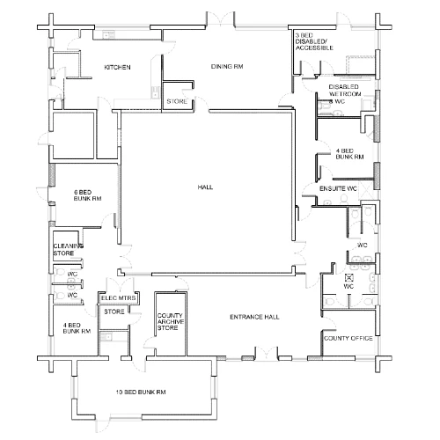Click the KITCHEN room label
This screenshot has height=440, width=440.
(118, 67)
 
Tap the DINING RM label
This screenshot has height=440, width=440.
(226, 66)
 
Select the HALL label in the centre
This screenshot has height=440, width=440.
(205, 187)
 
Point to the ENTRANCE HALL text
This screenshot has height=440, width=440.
(254, 316)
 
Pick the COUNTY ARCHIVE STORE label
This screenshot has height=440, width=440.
(168, 321)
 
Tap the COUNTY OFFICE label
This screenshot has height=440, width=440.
(348, 338)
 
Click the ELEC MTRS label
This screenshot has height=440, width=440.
(117, 297)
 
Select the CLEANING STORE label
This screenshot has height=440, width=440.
(67, 249)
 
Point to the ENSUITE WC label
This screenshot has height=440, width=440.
(337, 188)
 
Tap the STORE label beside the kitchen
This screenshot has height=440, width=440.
(176, 101)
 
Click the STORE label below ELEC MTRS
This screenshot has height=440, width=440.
(114, 311)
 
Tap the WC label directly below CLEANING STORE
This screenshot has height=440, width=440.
(72, 273)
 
